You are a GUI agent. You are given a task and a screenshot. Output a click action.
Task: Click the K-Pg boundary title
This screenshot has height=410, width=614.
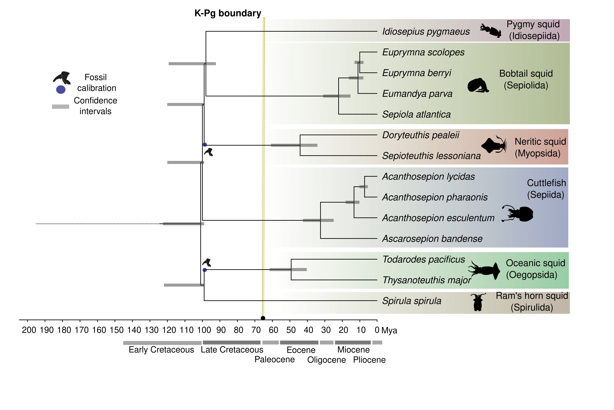(x=228, y=13)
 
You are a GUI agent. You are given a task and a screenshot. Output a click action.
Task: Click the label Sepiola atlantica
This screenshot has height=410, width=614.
(x=416, y=114)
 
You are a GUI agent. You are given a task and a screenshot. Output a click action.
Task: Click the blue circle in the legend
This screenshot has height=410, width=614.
(x=61, y=90)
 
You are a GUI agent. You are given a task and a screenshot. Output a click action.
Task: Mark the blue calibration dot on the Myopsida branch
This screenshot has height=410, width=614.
(x=205, y=145)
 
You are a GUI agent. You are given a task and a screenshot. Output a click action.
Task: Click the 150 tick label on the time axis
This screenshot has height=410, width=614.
(x=117, y=330)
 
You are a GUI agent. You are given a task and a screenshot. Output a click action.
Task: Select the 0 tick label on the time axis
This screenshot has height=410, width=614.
(x=377, y=330)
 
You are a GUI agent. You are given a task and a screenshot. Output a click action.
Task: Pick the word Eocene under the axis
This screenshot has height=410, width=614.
(x=301, y=350)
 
